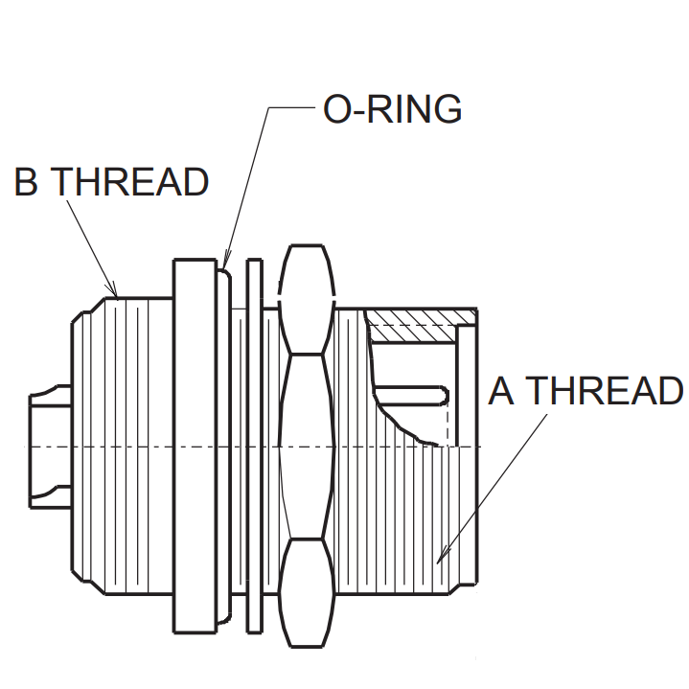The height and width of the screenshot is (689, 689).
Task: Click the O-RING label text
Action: click(x=393, y=110)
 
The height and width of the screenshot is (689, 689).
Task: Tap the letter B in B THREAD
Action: click(x=27, y=182)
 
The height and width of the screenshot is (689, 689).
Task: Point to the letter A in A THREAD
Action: click(x=502, y=391)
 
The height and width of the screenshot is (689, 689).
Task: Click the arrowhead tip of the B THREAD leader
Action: click(x=116, y=296)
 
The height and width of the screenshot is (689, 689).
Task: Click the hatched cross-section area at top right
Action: click(x=422, y=317)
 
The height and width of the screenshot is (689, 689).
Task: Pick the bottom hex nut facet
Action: click(x=306, y=585)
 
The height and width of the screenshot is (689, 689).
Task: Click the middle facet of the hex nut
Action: click(x=306, y=446)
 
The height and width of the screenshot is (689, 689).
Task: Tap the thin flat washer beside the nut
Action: click(x=254, y=446)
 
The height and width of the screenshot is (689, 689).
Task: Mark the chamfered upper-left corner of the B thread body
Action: click(x=88, y=309)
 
